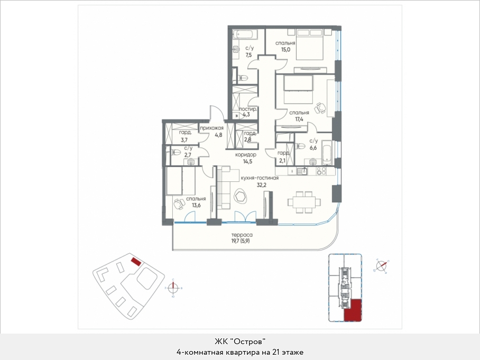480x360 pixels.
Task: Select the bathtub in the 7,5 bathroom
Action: pos(244,34)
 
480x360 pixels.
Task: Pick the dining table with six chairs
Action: pos(304,202)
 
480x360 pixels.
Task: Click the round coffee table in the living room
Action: pos(241,197)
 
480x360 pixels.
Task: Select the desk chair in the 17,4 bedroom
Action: pos(320,107)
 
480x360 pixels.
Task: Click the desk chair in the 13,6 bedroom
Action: pos(178,204)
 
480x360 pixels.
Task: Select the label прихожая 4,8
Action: pos(211,131)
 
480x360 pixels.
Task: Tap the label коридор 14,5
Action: pos(245,158)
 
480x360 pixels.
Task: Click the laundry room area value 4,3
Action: pos(246,115)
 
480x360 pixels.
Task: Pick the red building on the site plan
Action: pos(136,262)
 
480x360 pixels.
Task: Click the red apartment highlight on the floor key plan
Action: pos(353,310)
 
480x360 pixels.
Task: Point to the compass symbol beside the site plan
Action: pos(173,288)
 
